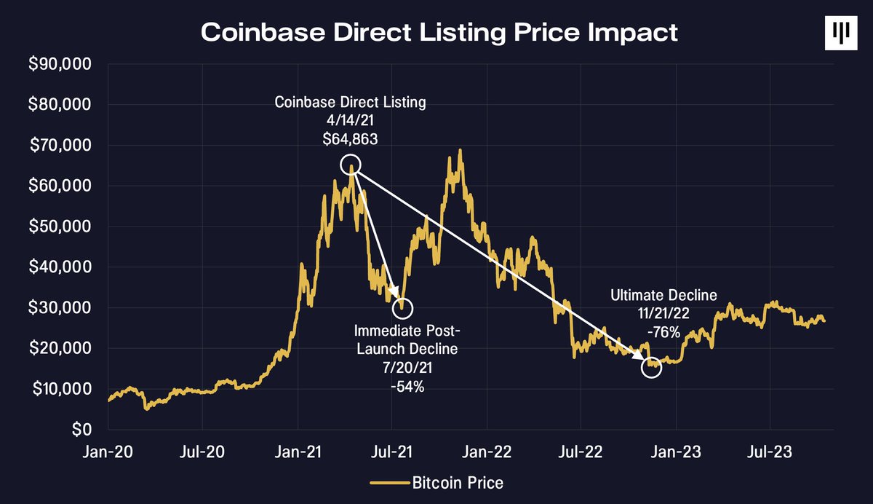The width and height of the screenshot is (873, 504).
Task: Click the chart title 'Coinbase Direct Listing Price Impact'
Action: click(439, 33)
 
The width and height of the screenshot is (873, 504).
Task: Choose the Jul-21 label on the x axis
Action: click(392, 452)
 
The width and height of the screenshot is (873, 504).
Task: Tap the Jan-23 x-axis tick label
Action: click(676, 452)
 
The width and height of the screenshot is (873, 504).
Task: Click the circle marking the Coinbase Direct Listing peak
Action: click(351, 165)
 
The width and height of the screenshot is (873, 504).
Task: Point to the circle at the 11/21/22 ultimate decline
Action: click(652, 368)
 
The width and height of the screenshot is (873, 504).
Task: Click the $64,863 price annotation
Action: click(350, 139)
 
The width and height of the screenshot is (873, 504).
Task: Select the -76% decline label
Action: click(663, 333)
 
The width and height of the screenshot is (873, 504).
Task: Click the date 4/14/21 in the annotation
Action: click(350, 121)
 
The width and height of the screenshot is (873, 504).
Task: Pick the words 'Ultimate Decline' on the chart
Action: click(663, 295)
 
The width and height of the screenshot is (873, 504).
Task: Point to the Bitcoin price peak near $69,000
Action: click(460, 151)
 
